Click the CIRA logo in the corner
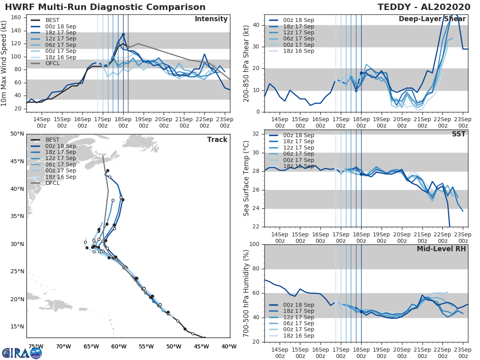click(x=22, y=352)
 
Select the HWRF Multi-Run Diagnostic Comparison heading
click(x=105, y=7)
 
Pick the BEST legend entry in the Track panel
click(x=52, y=140)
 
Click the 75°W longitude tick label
click(x=36, y=346)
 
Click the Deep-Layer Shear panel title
click(x=432, y=20)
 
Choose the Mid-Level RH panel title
click(x=441, y=249)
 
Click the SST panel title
click(x=458, y=134)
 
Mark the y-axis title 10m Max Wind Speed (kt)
click(x=4, y=61)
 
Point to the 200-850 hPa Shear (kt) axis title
click(x=246, y=64)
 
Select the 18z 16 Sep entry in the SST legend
click(x=296, y=166)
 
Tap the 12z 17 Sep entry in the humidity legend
click(x=296, y=317)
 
